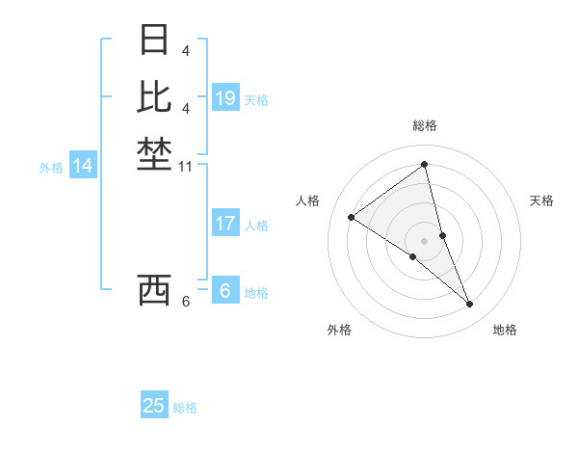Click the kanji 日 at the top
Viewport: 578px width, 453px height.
(154, 40)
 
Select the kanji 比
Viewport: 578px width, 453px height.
(154, 97)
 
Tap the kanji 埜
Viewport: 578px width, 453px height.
(154, 153)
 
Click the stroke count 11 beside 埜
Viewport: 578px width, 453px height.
(186, 167)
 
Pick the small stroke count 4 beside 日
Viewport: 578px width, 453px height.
(185, 51)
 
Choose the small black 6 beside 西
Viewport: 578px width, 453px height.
(185, 303)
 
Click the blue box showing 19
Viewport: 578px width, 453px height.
(225, 98)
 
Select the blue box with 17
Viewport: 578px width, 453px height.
(225, 224)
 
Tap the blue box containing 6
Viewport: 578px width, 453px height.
(225, 291)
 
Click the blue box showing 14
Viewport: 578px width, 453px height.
(83, 166)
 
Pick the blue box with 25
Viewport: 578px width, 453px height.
(154, 406)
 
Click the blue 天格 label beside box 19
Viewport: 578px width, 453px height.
(256, 100)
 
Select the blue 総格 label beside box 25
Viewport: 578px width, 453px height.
(185, 408)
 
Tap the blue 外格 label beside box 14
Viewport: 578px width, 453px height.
(51, 168)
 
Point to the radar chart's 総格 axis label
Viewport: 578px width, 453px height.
(425, 125)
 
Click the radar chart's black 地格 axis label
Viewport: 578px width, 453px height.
(505, 331)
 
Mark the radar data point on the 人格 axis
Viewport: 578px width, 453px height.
(352, 217)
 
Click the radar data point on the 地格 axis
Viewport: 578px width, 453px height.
(470, 305)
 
